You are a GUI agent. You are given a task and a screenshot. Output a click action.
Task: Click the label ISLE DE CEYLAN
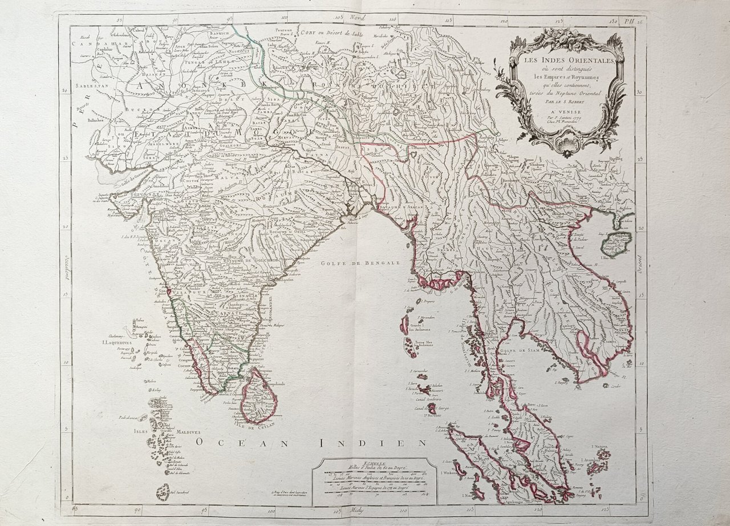click(x=254, y=424)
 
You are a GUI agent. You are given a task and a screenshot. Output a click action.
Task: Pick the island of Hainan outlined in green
click(x=618, y=244)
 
